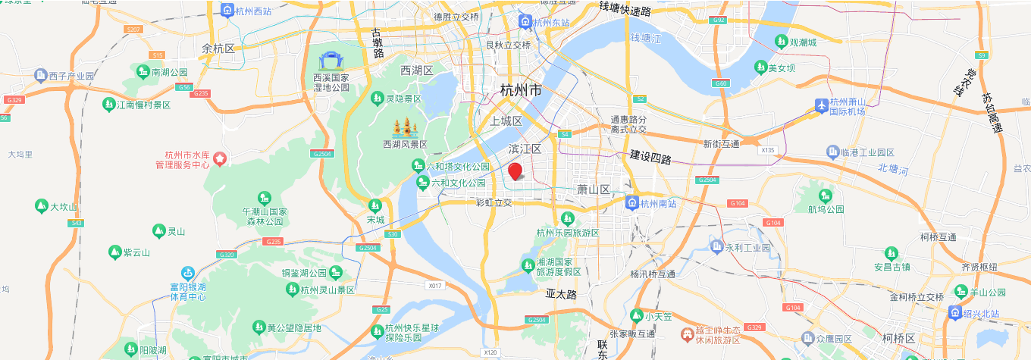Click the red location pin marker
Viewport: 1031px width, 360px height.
515,171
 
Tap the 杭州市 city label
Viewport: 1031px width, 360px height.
521,90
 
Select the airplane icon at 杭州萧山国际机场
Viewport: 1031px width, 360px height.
821,106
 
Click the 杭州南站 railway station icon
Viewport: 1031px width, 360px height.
631,202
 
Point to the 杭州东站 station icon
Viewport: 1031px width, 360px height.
525,23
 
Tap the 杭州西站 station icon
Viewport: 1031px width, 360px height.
227,11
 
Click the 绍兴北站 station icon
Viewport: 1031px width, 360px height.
954,312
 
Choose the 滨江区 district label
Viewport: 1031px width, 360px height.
525,149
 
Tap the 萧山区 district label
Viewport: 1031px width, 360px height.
593,189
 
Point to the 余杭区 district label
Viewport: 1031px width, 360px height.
218,49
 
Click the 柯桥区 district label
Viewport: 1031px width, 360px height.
899,338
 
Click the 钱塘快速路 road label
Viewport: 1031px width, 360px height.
625,9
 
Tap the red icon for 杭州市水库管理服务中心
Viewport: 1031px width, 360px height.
220,158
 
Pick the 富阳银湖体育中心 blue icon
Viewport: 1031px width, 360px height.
187,273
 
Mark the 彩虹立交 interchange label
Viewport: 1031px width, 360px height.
494,202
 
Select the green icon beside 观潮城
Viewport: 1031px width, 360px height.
780,42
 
